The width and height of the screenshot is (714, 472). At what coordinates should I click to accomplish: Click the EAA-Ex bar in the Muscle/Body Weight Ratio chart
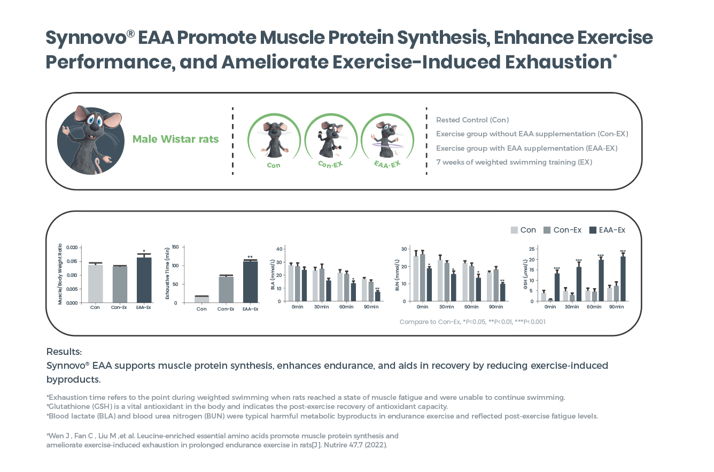point(144,280)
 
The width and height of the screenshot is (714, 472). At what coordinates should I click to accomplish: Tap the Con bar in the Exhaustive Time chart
point(201,299)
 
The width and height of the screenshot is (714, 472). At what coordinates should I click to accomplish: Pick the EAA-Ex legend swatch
point(593,230)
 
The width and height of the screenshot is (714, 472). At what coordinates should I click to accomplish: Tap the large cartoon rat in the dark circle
point(86,140)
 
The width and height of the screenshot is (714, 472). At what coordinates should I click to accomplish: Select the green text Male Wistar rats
point(175,140)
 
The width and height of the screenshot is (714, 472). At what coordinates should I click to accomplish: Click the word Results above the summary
point(64,352)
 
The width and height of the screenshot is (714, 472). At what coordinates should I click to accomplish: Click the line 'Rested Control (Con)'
point(472,120)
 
